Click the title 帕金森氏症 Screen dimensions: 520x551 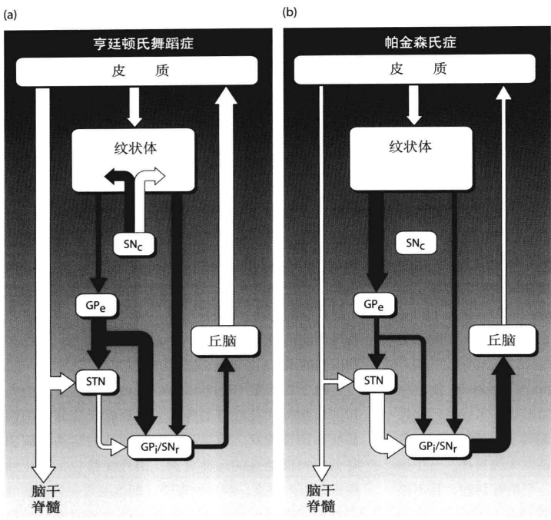[417, 43]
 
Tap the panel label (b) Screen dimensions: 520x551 [289, 12]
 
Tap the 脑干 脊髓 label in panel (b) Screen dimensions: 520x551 [321, 497]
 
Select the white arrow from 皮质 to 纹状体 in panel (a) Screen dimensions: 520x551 [134, 108]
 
